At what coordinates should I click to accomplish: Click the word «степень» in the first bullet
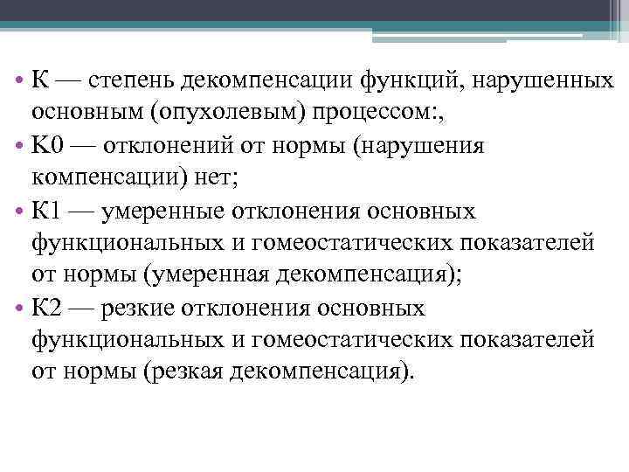[x=130, y=80]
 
